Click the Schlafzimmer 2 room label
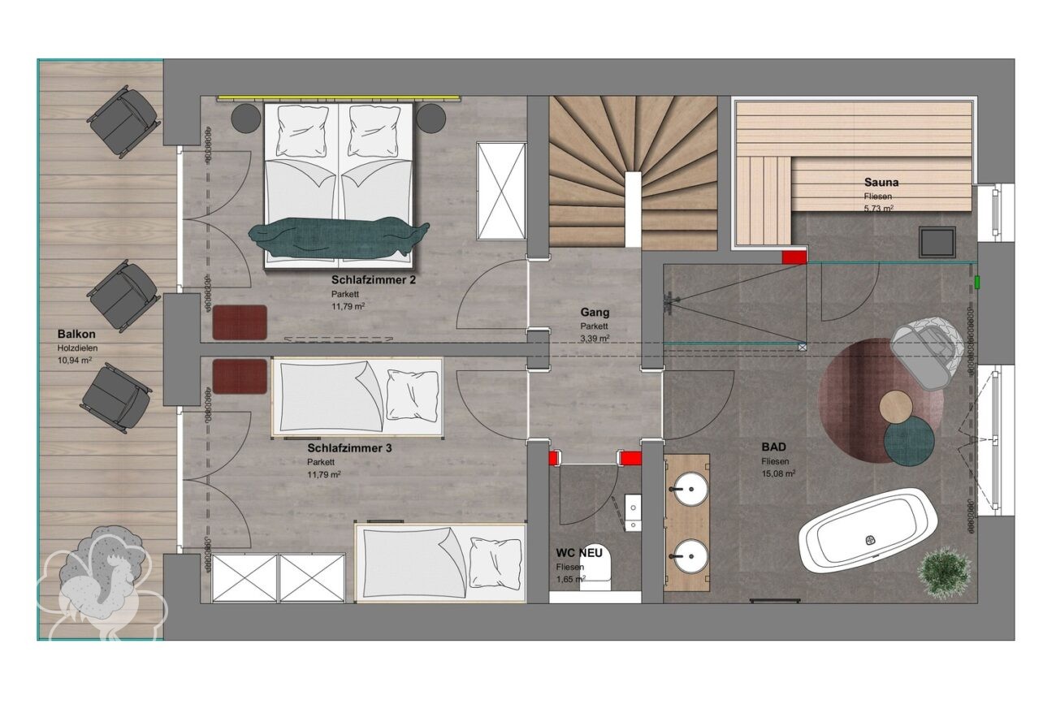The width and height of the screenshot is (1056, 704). pos(374,280)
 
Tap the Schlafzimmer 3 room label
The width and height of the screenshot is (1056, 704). pos(349,448)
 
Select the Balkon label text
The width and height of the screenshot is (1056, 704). pos(76,334)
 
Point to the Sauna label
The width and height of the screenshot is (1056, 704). pos(881,182)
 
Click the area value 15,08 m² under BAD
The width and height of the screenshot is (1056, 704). pos(778,473)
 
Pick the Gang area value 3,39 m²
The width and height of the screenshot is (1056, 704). pos(595,338)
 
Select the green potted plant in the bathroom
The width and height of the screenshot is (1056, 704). pos(944,573)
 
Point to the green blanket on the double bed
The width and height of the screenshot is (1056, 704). pos(339,236)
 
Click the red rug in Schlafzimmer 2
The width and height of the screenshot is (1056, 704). pos(240,322)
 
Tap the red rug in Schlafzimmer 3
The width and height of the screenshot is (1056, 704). pos(240,376)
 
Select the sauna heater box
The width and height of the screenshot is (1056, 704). pos(937,242)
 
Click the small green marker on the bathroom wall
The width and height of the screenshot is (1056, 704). pos(977,282)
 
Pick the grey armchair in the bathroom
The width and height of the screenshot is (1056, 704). pos(928,350)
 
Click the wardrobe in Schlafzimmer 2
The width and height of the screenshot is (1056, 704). pos(501,192)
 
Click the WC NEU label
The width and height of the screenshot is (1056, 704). pos(579,553)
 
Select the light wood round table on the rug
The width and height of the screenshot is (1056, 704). pos(896,407)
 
